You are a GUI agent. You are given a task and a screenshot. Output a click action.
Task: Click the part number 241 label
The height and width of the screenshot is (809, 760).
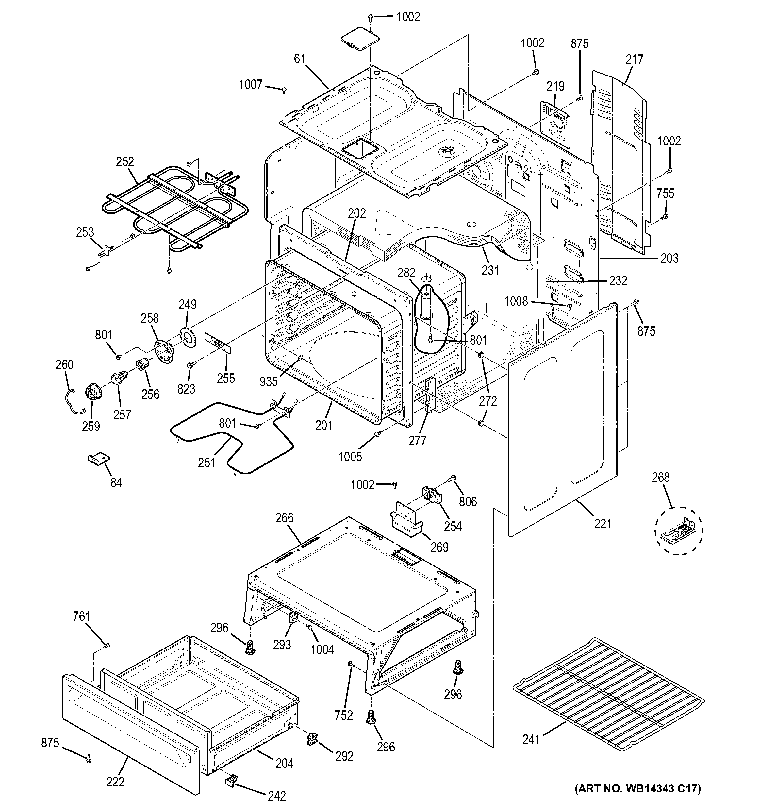(x=531, y=739)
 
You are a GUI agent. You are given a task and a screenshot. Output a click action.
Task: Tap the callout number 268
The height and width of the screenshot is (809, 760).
(x=660, y=477)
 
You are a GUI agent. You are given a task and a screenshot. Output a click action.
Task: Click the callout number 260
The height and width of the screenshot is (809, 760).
(x=64, y=364)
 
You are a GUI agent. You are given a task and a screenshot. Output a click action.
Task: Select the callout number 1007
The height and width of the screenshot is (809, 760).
(x=250, y=85)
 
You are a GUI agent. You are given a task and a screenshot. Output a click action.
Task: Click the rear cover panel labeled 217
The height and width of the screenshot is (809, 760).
(x=619, y=163)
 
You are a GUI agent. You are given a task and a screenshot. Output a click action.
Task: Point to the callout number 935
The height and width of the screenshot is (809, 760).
(x=268, y=381)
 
